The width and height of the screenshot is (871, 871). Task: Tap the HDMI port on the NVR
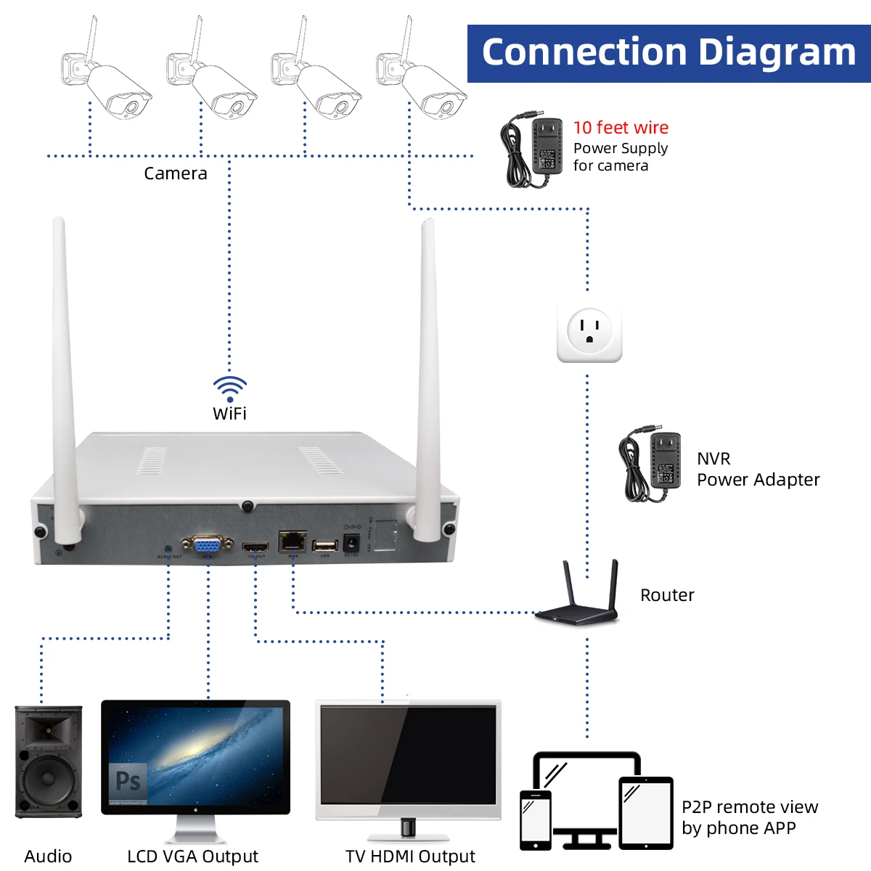click(255, 547)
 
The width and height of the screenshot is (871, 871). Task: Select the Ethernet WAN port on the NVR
click(293, 541)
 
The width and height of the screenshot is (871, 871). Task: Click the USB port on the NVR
click(325, 545)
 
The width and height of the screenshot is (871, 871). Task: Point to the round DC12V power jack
click(351, 543)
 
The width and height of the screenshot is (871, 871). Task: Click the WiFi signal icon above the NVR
click(230, 388)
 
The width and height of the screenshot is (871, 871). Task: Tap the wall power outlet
click(589, 332)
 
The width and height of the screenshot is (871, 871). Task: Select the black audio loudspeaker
click(49, 761)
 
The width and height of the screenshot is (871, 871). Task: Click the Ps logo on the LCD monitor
click(128, 781)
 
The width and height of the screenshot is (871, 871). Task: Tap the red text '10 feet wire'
click(621, 128)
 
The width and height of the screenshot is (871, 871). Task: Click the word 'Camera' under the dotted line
click(176, 173)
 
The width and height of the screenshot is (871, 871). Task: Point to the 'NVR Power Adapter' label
click(757, 470)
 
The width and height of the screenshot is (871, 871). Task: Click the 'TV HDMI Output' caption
click(410, 856)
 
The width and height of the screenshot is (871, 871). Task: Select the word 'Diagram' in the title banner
click(777, 52)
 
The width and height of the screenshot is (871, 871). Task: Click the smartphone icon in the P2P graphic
click(536, 819)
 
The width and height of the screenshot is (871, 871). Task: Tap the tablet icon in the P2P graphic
click(646, 813)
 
